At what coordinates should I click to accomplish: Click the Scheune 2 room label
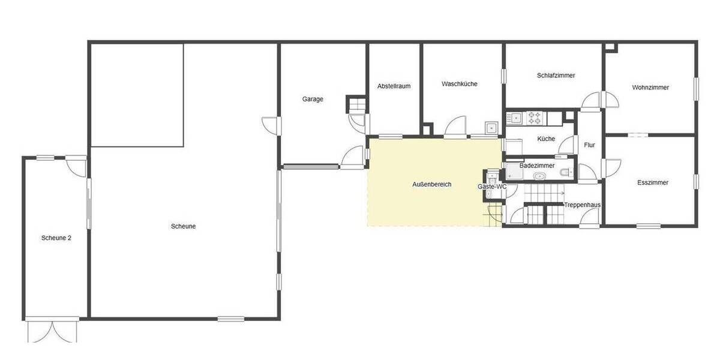click(x=56, y=238)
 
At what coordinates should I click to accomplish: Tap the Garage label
click(x=313, y=99)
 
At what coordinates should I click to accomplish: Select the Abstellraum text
click(x=394, y=86)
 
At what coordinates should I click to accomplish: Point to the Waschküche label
click(x=460, y=84)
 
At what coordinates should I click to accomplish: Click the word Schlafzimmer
click(x=556, y=76)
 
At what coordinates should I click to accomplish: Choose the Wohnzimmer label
click(x=650, y=88)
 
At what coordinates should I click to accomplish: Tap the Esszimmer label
click(x=653, y=182)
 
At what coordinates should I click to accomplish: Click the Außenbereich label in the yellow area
click(x=431, y=184)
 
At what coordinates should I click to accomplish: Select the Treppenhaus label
click(x=582, y=205)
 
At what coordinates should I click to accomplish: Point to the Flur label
click(x=589, y=145)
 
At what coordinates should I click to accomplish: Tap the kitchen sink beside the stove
click(x=515, y=118)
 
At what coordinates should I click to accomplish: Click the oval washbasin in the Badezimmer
click(x=539, y=176)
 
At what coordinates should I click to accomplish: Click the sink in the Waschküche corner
click(x=491, y=127)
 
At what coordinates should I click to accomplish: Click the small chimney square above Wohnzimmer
click(x=610, y=46)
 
